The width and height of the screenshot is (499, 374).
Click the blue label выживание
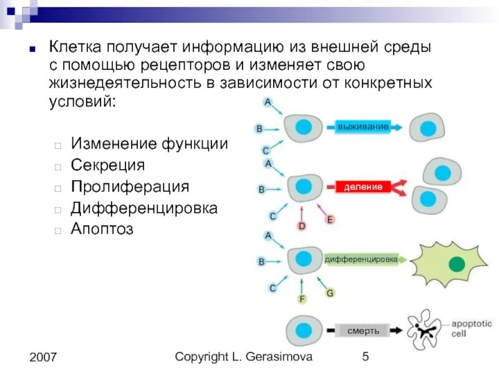click(363, 127)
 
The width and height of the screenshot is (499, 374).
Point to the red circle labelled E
click(331, 219)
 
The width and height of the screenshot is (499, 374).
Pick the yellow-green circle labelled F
click(302, 299)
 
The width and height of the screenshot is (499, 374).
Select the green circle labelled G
click(331, 292)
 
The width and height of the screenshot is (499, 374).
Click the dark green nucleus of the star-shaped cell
click(457, 264)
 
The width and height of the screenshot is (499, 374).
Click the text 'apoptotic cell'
click(472, 328)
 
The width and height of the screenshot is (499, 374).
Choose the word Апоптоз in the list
click(102, 229)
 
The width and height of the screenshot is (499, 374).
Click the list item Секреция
click(107, 165)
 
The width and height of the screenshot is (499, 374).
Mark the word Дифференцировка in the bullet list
click(144, 208)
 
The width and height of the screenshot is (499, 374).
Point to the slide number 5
click(366, 357)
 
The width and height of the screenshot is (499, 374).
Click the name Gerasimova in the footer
click(281, 357)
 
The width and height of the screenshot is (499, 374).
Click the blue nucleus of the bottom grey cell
click(304, 330)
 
